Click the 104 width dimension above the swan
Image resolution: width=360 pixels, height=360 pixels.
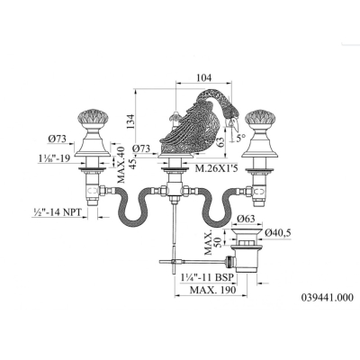click(x=204, y=77)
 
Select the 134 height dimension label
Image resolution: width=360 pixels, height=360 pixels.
click(x=130, y=121)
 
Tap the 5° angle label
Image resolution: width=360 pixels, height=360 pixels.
click(x=240, y=138)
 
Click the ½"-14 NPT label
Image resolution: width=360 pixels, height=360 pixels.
click(x=57, y=212)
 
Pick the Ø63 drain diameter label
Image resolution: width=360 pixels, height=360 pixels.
click(x=246, y=218)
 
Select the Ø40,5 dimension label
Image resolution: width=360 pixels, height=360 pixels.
click(x=278, y=232)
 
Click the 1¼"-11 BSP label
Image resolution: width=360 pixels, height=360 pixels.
click(x=207, y=278)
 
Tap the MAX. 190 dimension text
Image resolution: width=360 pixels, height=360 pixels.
click(x=213, y=290)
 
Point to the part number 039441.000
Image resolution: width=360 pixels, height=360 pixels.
click(x=328, y=298)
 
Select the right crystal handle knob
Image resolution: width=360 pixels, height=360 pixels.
click(x=259, y=119)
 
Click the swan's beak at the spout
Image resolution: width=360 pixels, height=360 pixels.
click(x=237, y=128)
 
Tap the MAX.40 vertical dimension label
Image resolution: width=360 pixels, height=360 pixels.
click(x=121, y=164)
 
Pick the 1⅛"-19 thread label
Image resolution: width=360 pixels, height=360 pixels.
click(x=54, y=158)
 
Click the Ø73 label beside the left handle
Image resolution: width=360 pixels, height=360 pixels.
click(x=57, y=139)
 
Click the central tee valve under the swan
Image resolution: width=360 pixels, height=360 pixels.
click(x=172, y=190)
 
